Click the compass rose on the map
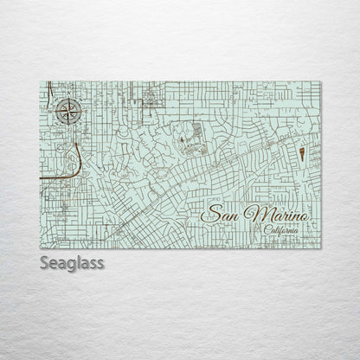(x=69, y=110)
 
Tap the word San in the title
(x=220, y=213)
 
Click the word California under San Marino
(x=279, y=230)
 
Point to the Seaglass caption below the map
(x=72, y=263)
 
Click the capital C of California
(x=263, y=230)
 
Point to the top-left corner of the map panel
(x=41, y=81)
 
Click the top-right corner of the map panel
(x=319, y=81)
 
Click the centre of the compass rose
(x=69, y=110)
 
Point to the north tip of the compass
(x=69, y=97)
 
